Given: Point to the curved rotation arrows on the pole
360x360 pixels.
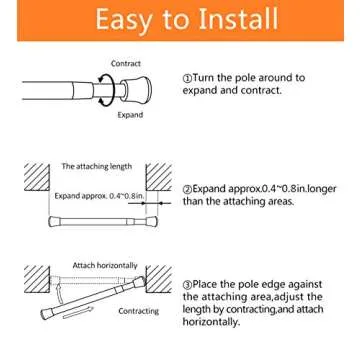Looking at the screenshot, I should click(x=104, y=89).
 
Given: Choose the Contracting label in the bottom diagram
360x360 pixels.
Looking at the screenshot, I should click(x=138, y=311).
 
